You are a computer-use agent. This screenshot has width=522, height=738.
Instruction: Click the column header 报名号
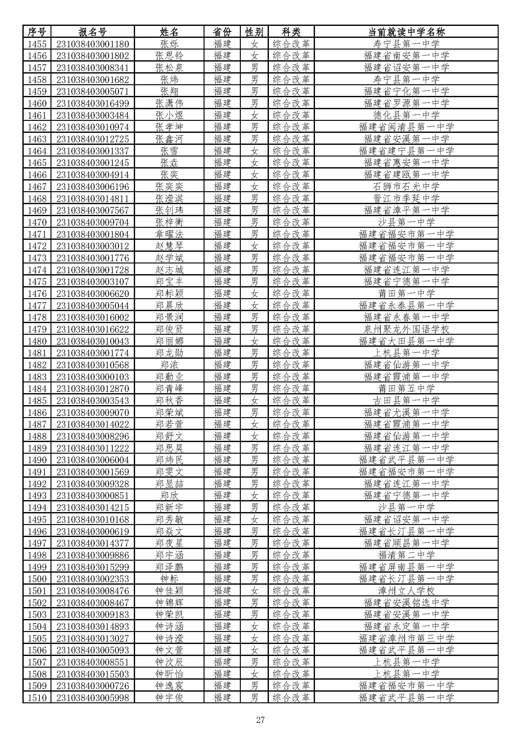coord(92,32)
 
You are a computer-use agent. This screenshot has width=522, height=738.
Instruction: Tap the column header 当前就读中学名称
coord(406,32)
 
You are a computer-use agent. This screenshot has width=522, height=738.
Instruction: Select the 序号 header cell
coord(37,32)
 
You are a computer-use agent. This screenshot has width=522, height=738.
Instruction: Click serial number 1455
coord(37,44)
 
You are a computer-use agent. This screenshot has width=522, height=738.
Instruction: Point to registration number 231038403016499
coord(92,103)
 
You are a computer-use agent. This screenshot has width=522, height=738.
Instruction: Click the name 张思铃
coord(169,56)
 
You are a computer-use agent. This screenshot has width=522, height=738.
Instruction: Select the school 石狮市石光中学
coord(406,186)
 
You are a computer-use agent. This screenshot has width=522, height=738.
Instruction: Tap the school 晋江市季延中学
coord(406,198)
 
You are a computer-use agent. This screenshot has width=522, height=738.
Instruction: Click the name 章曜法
coord(169,234)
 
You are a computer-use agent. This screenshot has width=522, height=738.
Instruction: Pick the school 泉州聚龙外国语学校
coord(406,329)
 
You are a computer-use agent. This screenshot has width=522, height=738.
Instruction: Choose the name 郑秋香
coord(169,400)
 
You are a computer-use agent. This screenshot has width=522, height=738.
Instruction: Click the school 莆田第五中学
coord(406,389)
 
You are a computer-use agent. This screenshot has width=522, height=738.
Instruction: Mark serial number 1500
coord(37,579)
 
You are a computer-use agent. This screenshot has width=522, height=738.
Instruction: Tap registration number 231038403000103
coord(92,377)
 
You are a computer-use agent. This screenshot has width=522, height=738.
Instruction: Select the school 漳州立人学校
coord(406,591)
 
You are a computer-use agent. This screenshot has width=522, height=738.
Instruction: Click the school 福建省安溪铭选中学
coord(406,603)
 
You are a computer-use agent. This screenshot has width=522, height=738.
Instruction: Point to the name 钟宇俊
coord(169,698)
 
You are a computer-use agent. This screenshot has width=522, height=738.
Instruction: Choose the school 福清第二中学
coord(406,555)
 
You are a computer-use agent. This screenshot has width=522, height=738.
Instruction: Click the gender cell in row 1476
coord(254,293)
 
